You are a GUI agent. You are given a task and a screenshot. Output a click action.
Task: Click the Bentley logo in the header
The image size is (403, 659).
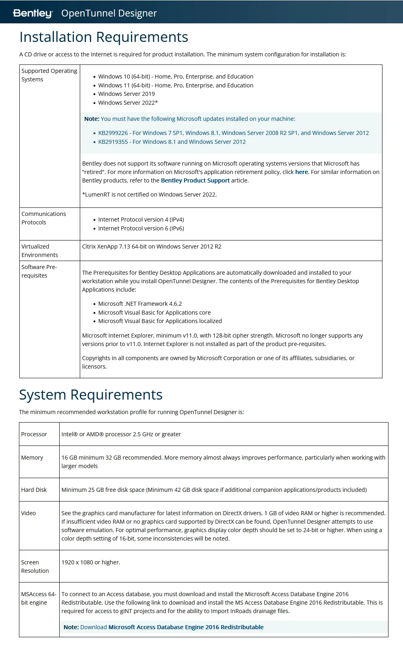[x=33, y=13]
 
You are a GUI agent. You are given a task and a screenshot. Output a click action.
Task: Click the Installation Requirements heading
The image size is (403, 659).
[x=104, y=37]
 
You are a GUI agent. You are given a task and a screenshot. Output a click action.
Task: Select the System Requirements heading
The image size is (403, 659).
[x=91, y=395]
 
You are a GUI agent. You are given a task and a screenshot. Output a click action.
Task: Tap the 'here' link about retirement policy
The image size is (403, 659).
[x=301, y=172]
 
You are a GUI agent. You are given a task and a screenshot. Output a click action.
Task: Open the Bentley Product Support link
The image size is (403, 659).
[x=195, y=180]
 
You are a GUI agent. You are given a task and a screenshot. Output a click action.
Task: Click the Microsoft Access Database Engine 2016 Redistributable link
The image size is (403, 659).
[x=186, y=627]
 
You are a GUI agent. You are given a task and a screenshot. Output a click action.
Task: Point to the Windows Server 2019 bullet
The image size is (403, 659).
[x=126, y=94]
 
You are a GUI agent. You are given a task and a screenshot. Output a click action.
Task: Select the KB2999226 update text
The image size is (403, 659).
[x=233, y=133]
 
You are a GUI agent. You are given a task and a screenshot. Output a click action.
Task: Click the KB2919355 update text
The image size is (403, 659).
[x=172, y=142]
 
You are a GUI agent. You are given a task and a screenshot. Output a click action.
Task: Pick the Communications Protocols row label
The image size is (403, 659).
[x=44, y=218]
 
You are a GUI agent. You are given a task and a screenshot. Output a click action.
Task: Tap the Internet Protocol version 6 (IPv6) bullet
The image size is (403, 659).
[x=141, y=228]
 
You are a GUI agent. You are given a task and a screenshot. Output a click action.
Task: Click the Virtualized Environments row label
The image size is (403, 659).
[x=39, y=251]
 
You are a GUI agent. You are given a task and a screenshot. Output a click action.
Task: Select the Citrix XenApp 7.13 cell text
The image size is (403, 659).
[x=152, y=247]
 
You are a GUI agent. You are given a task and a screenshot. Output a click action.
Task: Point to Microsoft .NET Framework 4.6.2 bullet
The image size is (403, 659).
[x=140, y=304]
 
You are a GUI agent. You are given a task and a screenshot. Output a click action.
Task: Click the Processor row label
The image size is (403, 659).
[x=34, y=434]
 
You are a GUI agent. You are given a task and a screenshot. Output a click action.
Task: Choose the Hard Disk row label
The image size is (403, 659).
[x=34, y=490]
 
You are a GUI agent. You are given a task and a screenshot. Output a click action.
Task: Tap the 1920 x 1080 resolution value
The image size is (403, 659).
[x=91, y=562]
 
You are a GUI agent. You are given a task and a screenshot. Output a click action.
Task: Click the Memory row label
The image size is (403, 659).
[x=32, y=458]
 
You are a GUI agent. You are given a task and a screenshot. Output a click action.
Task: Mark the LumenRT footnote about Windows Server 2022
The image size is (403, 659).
[x=149, y=195]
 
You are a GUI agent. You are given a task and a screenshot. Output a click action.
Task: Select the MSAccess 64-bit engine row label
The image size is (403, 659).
[x=39, y=598]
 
